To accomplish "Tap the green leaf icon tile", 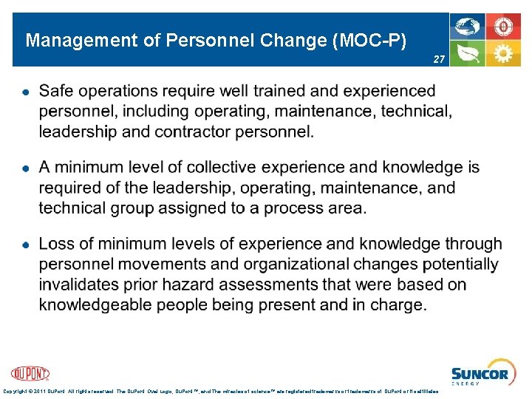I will click(x=468, y=53).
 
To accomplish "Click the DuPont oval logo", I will click(x=30, y=373).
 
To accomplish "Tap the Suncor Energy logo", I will click(x=480, y=374).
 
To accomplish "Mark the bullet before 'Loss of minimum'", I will click(x=25, y=245).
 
